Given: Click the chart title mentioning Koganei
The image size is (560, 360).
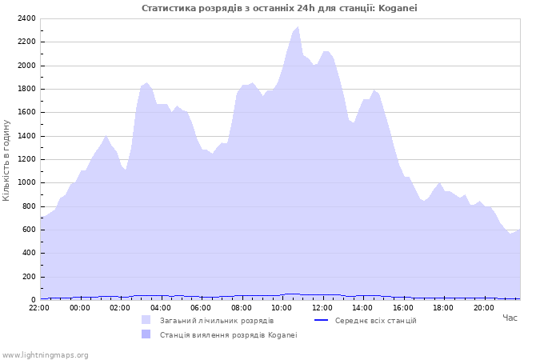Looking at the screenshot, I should click(279, 8).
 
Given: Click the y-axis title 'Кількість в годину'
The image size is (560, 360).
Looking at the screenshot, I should click(6, 160).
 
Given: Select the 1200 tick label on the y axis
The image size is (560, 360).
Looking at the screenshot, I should click(26, 159).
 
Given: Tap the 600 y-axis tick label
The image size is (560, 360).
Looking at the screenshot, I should click(28, 230).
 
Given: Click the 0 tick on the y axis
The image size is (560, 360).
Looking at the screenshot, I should click(33, 300).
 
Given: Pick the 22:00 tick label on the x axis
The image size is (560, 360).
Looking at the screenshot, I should click(39, 307).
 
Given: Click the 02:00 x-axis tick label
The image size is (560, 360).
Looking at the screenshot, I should click(120, 307).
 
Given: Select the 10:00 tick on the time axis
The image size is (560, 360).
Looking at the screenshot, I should click(282, 307).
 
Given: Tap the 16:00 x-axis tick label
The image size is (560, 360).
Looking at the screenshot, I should click(402, 307).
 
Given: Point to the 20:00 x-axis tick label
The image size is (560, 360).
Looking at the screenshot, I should click(483, 307).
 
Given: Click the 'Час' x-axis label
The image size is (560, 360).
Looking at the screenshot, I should click(510, 318).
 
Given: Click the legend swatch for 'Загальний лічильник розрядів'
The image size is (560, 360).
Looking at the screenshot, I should click(146, 320).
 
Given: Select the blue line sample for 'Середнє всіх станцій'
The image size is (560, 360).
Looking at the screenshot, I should click(322, 320).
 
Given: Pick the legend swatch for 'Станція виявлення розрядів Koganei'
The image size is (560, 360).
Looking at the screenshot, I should click(146, 334).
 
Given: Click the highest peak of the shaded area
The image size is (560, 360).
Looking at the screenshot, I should click(298, 27).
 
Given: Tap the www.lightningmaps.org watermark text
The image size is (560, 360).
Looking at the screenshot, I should click(45, 354).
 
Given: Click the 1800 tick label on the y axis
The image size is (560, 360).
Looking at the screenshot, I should click(26, 89).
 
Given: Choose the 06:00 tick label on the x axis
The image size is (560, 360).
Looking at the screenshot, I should click(201, 307).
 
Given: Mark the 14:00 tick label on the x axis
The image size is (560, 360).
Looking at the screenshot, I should click(362, 307).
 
